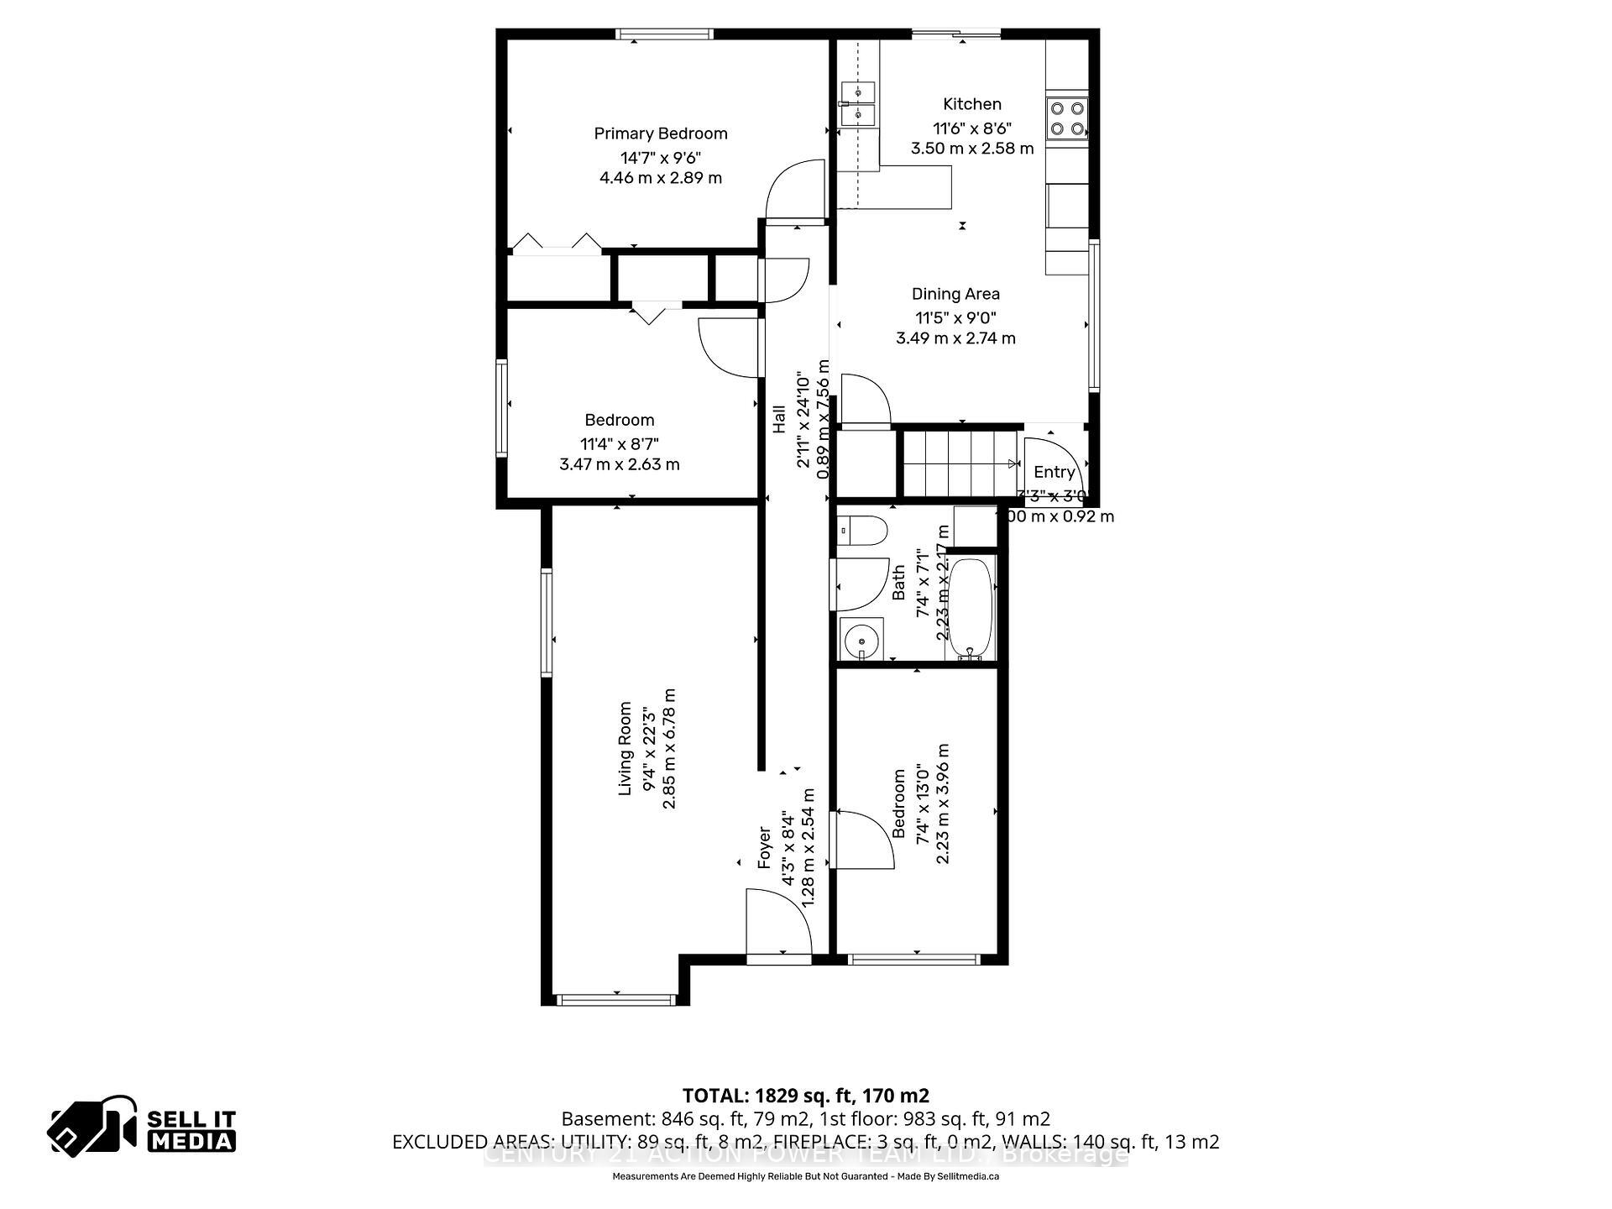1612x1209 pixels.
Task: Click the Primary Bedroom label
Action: [x=660, y=133]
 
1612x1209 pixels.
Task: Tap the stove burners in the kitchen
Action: [x=1067, y=118]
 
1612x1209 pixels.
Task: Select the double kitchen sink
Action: [x=857, y=102]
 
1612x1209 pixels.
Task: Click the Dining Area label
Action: [x=955, y=294]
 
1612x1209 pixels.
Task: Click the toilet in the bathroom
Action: [x=864, y=531]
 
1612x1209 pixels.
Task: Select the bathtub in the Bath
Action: [x=971, y=608]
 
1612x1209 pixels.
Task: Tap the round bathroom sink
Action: [x=861, y=641]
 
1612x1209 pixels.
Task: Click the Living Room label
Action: [x=625, y=749]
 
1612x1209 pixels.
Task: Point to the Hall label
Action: [x=779, y=419]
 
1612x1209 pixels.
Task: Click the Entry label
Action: [x=1054, y=472]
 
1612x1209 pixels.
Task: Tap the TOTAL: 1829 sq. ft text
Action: [x=805, y=1096]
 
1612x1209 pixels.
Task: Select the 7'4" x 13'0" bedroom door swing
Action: [x=864, y=840]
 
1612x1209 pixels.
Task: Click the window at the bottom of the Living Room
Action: [x=616, y=999]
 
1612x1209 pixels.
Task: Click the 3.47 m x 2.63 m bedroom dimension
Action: [x=620, y=464]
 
